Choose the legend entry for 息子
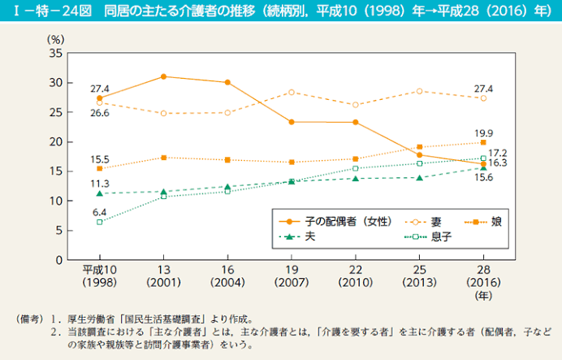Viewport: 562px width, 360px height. pos(430,236)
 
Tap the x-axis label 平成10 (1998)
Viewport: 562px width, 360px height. pos(100,276)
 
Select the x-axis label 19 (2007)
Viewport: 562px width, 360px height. pos(292,276)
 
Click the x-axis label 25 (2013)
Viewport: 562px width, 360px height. pos(419,276)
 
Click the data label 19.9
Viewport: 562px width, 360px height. pos(484,133)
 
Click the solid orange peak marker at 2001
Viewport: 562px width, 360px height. pos(164,76)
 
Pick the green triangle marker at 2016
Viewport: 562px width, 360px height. pos(483,167)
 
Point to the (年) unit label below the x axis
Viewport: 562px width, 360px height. pos(482,296)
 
